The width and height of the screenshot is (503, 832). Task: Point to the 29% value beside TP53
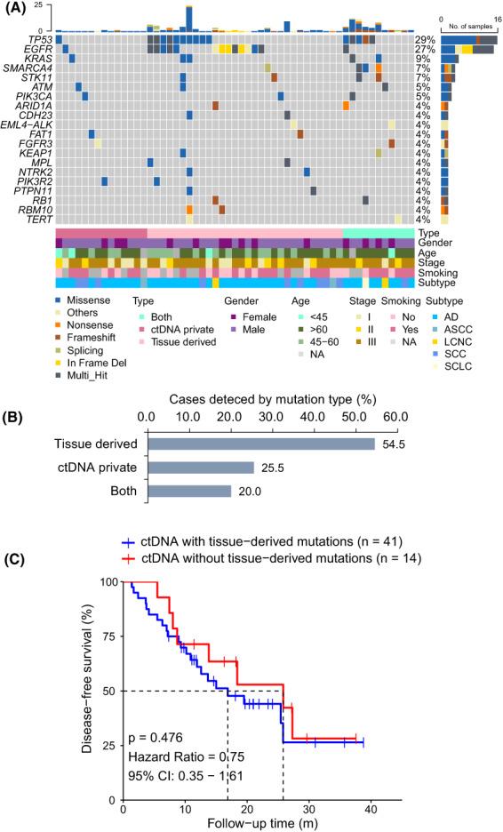[x=424, y=40]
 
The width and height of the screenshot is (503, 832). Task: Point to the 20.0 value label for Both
[x=247, y=491]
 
